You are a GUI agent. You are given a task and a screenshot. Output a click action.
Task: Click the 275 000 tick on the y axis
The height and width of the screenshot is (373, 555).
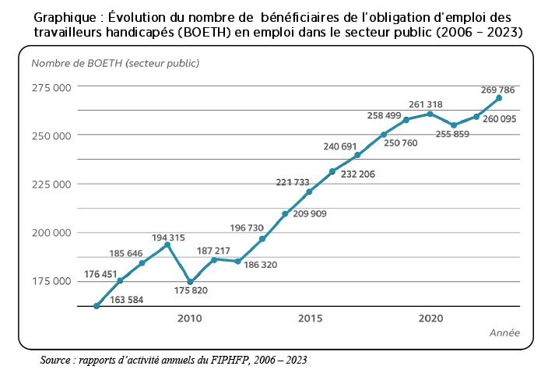pyautogui.click(x=51, y=87)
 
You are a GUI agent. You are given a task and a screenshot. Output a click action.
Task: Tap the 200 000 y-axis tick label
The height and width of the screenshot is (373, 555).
pyautogui.click(x=51, y=233)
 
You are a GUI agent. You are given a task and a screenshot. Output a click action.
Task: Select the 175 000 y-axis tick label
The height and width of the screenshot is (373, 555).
pyautogui.click(x=51, y=281)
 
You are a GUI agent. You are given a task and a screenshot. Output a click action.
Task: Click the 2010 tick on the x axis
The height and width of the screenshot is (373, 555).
pyautogui.click(x=189, y=318)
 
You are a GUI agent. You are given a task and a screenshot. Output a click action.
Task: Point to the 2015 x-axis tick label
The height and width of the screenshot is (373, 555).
pyautogui.click(x=310, y=318)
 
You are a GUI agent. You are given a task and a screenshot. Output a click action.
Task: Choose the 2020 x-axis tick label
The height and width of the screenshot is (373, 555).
pyautogui.click(x=430, y=318)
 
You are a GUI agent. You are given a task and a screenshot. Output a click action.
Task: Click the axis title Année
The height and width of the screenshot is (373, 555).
pyautogui.click(x=504, y=333)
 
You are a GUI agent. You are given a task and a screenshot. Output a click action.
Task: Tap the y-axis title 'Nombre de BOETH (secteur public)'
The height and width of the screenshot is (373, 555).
pyautogui.click(x=115, y=62)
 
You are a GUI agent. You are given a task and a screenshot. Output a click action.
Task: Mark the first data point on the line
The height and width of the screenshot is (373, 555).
pyautogui.click(x=96, y=306)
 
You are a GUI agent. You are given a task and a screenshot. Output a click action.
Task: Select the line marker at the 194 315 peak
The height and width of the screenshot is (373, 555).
pyautogui.click(x=167, y=245)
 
